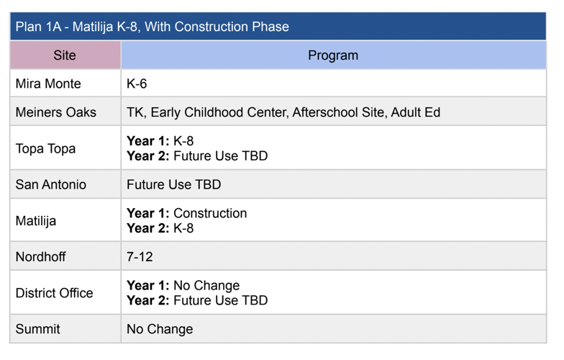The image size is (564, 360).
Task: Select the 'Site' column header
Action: [65, 55]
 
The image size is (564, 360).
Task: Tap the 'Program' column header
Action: [332, 55]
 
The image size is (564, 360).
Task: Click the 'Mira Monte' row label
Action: [48, 84]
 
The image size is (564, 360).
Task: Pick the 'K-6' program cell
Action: [137, 84]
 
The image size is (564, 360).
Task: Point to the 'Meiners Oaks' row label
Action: [55, 112]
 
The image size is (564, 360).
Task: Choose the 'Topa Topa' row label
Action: [45, 149]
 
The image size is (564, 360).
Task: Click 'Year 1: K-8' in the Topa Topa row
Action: [160, 141]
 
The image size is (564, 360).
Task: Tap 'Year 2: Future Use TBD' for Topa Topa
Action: [197, 156]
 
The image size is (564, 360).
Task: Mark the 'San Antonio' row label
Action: [50, 185]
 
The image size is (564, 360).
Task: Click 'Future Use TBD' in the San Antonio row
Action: [173, 185]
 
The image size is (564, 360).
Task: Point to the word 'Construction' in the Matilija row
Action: [210, 213]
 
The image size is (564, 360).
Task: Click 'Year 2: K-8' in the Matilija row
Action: [160, 228]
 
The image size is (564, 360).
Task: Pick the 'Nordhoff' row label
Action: [40, 257]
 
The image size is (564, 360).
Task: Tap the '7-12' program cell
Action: [140, 257]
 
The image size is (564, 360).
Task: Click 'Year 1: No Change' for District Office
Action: [183, 285]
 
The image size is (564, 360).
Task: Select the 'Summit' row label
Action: [37, 329]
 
